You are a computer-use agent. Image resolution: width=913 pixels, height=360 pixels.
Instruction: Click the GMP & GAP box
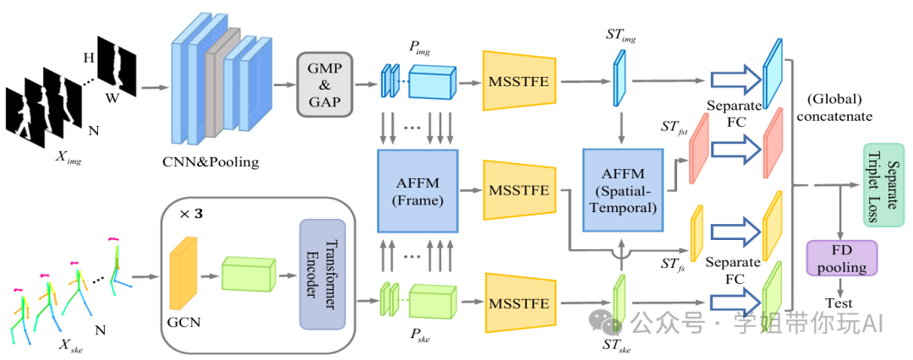tap(324, 84)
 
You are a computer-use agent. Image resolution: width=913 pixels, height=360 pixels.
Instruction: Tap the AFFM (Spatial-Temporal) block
tap(621, 190)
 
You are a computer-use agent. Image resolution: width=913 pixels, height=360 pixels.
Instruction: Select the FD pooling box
tap(842, 258)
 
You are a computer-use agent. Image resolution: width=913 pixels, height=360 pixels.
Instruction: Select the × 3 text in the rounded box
tap(191, 214)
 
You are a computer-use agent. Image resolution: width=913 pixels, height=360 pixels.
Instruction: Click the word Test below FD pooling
tap(840, 303)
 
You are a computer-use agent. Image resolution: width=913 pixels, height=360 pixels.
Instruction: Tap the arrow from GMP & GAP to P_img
tap(366, 85)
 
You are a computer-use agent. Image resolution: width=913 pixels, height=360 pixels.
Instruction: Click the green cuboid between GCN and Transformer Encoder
tap(249, 274)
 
